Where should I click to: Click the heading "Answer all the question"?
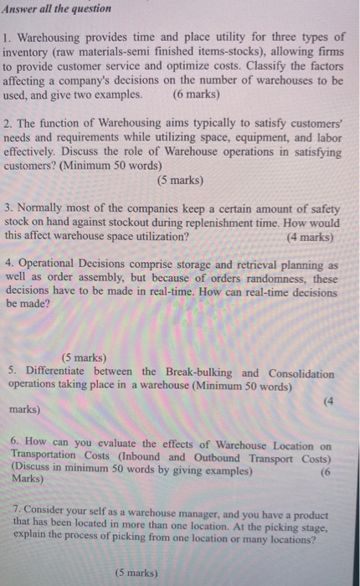[x=56, y=9]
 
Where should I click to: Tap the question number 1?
[x=6, y=38]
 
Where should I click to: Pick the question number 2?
[x=6, y=123]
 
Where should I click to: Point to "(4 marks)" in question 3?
[x=309, y=237]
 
